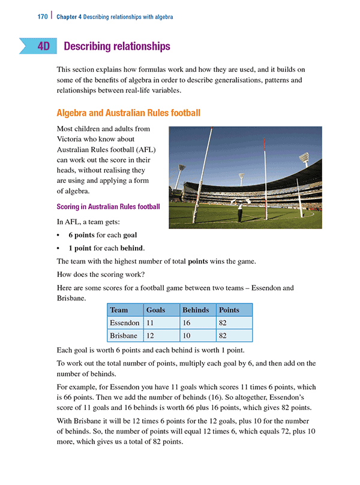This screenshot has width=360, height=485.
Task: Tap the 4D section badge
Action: pos(43,46)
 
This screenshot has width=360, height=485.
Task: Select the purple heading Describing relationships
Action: pos(116,46)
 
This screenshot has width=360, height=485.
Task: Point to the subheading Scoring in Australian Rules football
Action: pos(108,207)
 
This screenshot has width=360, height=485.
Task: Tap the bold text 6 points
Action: pos(83,236)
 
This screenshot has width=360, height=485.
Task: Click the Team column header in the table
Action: pos(119,310)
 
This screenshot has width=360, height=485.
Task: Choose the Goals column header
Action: pos(156,310)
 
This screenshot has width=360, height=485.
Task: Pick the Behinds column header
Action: pos(196,310)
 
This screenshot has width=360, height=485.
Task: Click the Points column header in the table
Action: pos(229,310)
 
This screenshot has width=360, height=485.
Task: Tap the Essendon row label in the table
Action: pos(125,323)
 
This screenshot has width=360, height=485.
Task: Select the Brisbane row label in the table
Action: pos(124,336)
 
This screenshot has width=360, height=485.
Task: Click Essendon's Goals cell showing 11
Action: pos(151,323)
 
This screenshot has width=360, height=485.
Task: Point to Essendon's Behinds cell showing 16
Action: pos(187,323)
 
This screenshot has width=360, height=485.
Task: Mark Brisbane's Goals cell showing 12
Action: pos(151,336)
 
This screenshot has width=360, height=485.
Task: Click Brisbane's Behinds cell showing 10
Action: pos(187,336)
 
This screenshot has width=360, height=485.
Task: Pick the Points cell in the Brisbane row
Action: pos(223,336)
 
